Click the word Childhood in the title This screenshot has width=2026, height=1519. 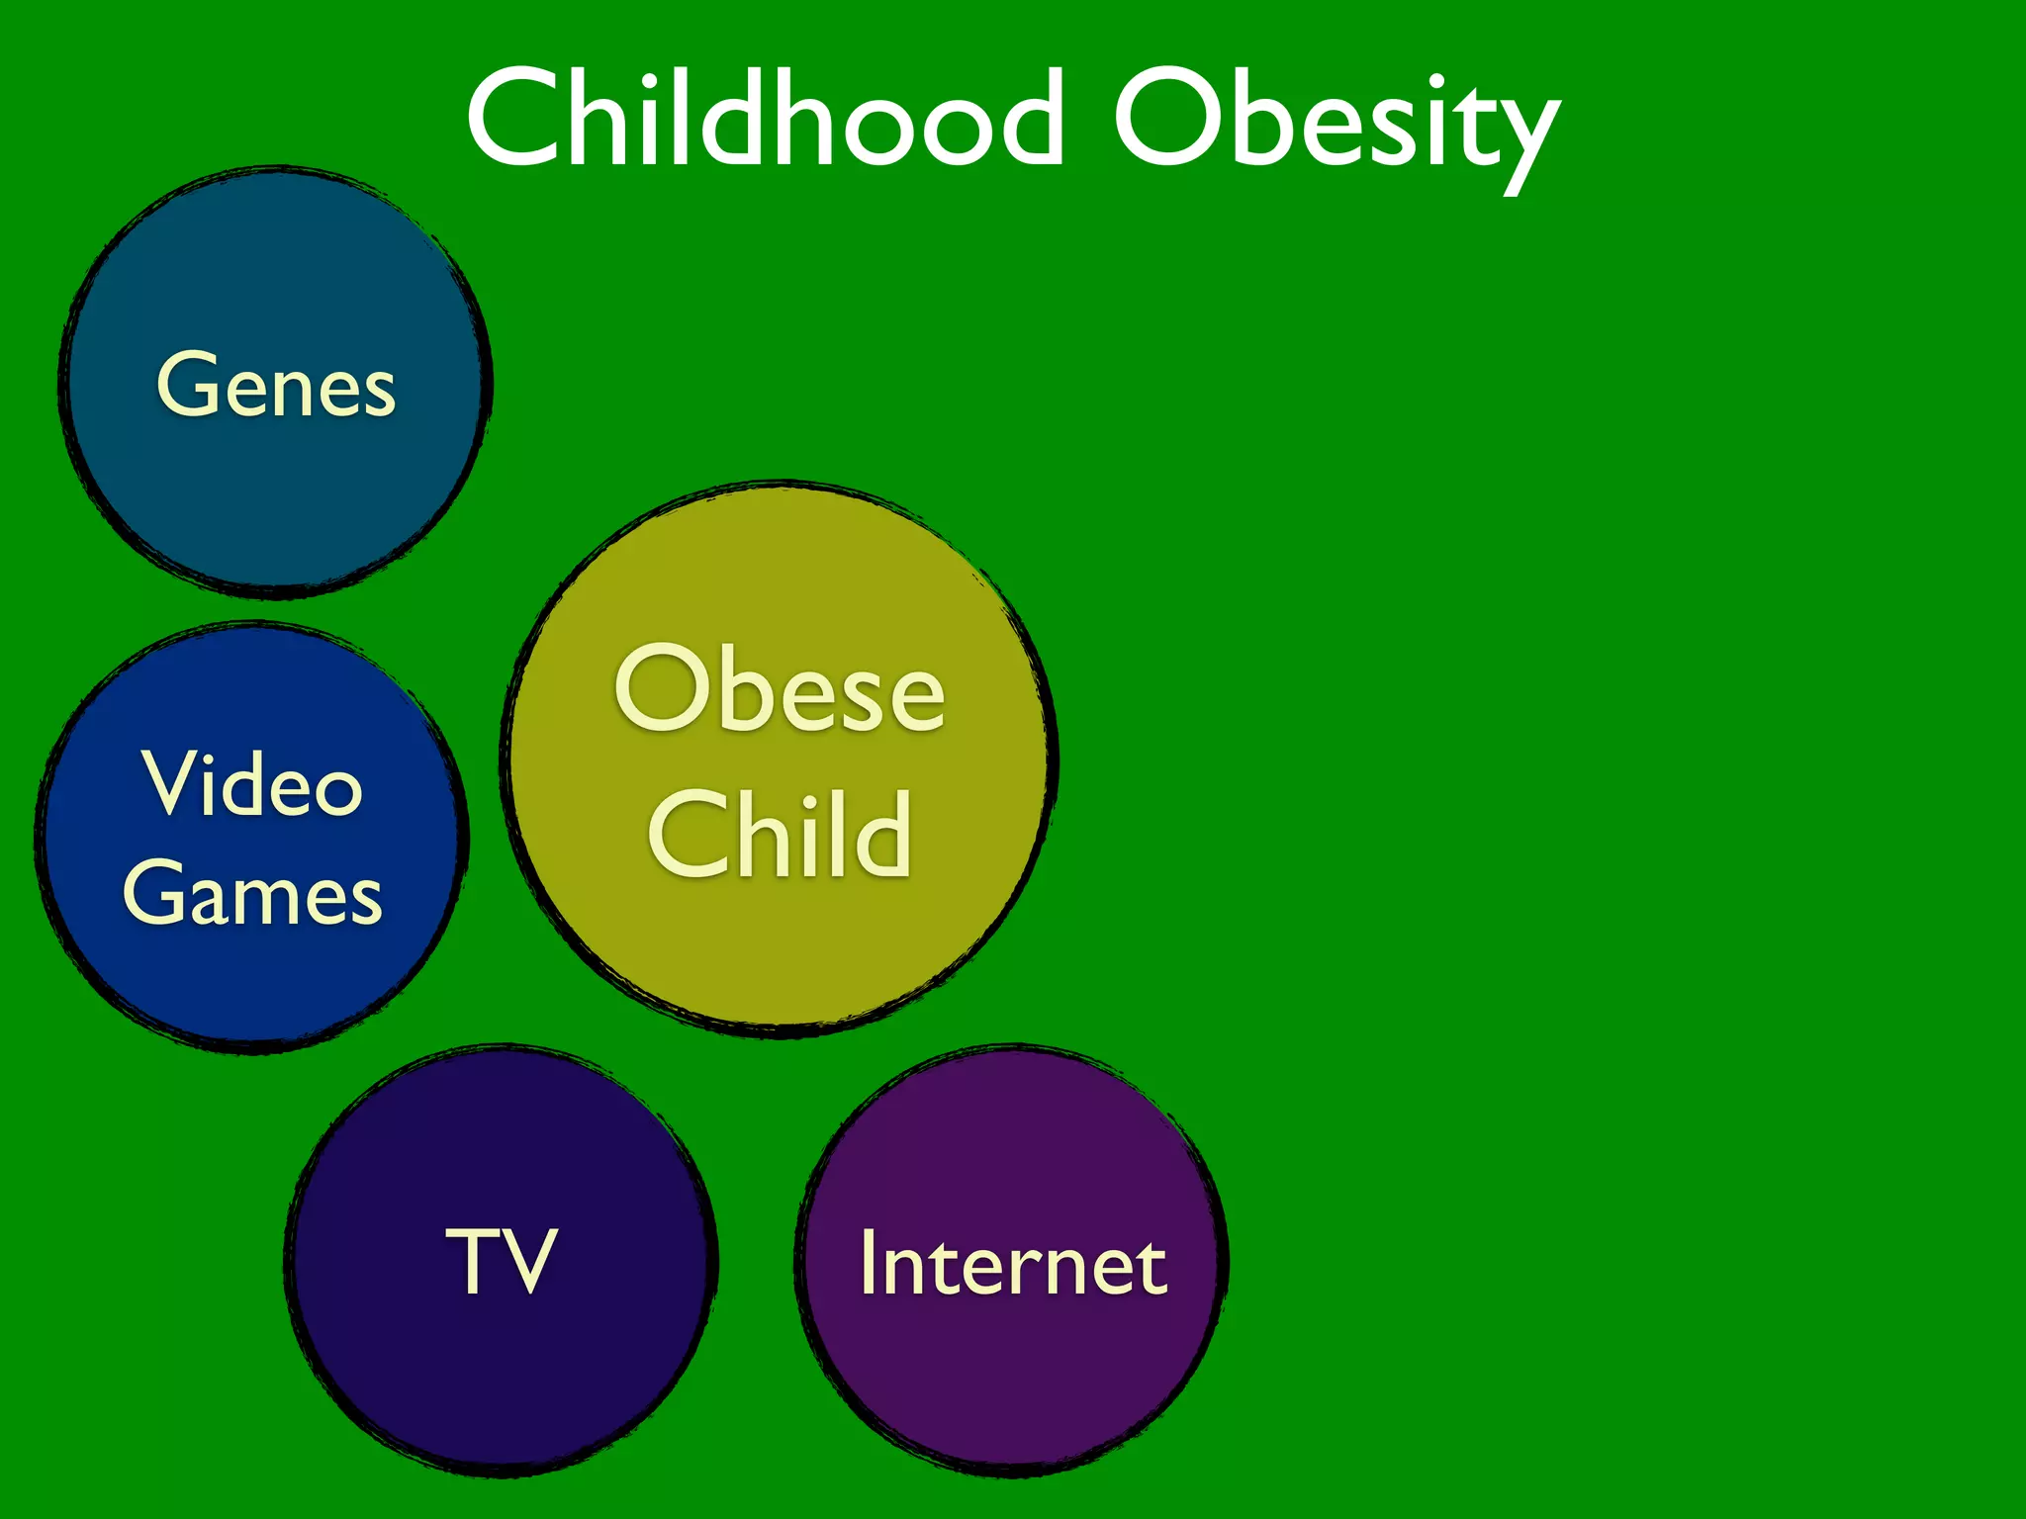pyautogui.click(x=765, y=119)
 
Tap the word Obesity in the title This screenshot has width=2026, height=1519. pyautogui.click(x=1335, y=124)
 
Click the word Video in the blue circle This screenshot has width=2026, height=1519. pyautogui.click(x=253, y=783)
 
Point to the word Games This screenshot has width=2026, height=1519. pyautogui.click(x=252, y=893)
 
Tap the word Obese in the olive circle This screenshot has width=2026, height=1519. pyautogui.click(x=780, y=689)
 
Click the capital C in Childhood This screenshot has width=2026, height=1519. pyautogui.click(x=515, y=119)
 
